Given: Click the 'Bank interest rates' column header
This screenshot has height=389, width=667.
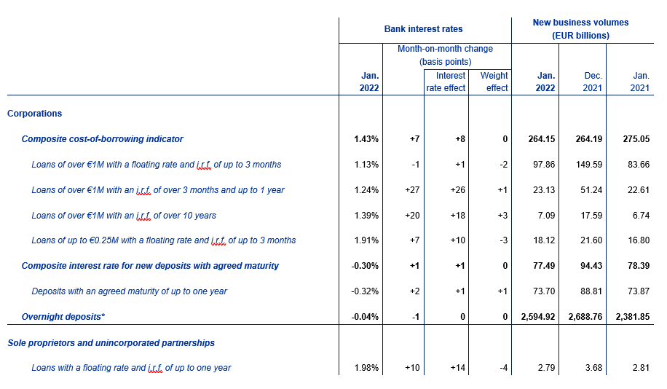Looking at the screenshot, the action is [x=423, y=29].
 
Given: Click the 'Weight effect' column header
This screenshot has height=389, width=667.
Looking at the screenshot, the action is [x=494, y=82].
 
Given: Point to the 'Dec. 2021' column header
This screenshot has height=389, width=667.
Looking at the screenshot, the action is [x=593, y=82].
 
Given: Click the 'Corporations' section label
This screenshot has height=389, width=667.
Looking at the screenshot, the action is [x=35, y=114].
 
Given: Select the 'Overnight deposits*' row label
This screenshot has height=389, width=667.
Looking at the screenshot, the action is [x=63, y=317].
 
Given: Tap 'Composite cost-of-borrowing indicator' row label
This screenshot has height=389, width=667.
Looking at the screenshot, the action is [x=103, y=139].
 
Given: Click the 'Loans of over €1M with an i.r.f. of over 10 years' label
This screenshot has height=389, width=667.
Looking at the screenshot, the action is [x=124, y=216].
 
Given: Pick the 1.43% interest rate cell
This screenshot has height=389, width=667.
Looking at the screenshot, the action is [x=366, y=139].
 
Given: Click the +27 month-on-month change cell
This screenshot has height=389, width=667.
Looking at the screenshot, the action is [x=412, y=190].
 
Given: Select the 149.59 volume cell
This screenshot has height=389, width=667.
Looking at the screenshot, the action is [x=589, y=165].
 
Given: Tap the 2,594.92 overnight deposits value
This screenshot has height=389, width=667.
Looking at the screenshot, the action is [x=538, y=317].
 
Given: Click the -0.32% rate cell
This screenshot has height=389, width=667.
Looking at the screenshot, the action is [x=365, y=291].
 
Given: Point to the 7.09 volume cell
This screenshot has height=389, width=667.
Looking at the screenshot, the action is [x=546, y=216].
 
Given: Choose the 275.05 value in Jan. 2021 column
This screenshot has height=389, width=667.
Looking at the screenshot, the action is [x=636, y=139].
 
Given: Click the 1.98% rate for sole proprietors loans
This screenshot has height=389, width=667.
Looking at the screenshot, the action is [x=366, y=368].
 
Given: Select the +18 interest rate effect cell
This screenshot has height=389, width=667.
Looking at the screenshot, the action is [x=458, y=216].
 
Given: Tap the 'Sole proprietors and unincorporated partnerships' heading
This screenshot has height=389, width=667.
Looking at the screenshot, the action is [x=111, y=343].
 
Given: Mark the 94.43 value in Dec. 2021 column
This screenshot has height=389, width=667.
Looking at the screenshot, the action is [x=592, y=266].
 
